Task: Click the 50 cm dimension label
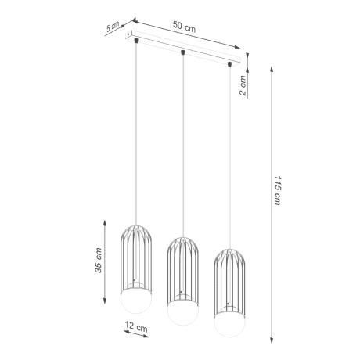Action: pos(185,27)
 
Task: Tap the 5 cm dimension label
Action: pos(113,27)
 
